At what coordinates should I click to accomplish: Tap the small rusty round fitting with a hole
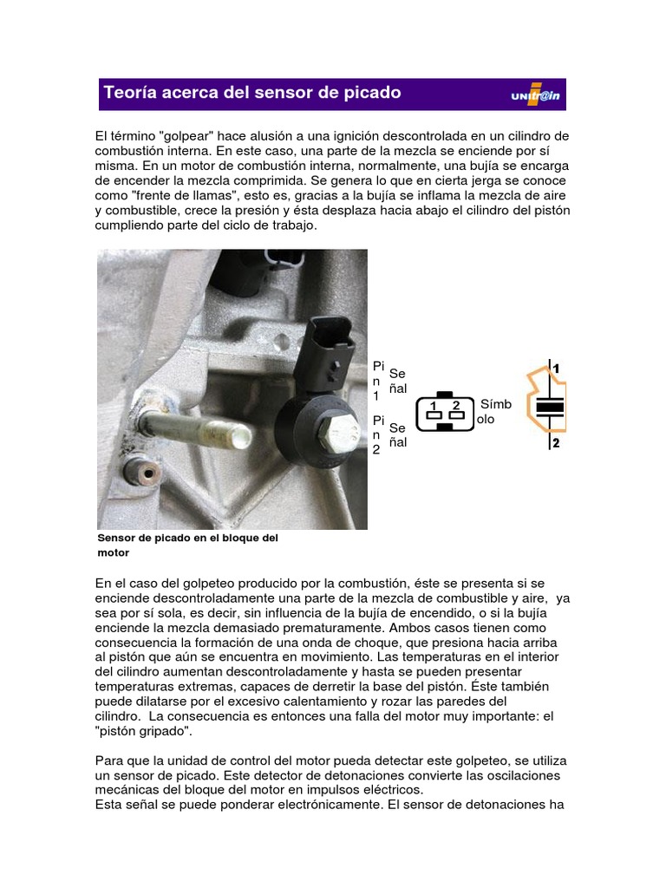click(142, 472)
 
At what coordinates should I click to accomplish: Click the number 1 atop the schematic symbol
click(556, 369)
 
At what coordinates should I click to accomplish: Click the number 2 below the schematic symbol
click(556, 443)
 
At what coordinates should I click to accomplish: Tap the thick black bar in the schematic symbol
click(550, 406)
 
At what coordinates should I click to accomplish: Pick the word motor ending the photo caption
click(114, 552)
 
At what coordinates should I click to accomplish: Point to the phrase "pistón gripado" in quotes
click(144, 731)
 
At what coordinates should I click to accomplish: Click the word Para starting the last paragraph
click(108, 761)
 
